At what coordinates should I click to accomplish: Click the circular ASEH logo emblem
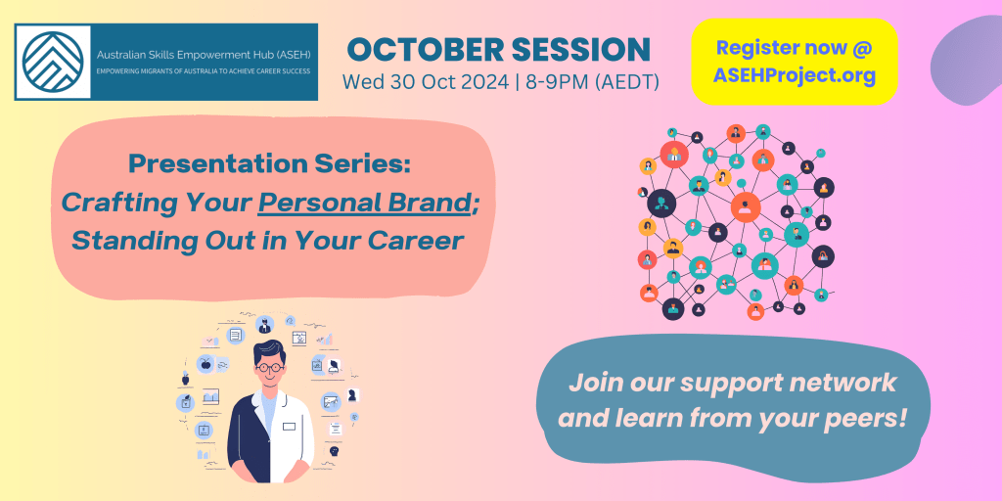point(53,62)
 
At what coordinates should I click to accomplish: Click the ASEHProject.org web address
point(795,75)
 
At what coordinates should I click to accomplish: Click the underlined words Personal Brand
point(363,204)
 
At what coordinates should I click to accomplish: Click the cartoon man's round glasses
point(268,368)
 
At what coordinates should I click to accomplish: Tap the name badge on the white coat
point(289,427)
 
